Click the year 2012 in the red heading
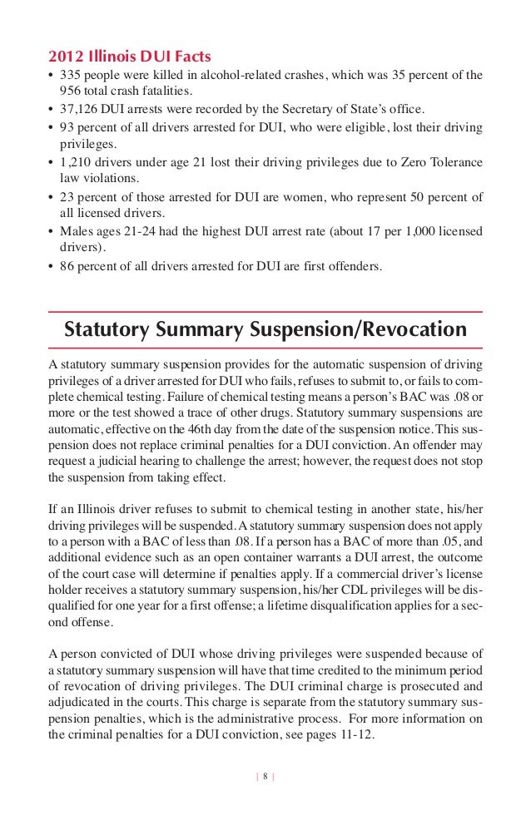(65, 57)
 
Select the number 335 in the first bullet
(71, 76)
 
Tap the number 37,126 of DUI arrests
(79, 108)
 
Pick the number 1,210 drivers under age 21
(76, 162)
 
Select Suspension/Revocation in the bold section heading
(359, 329)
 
